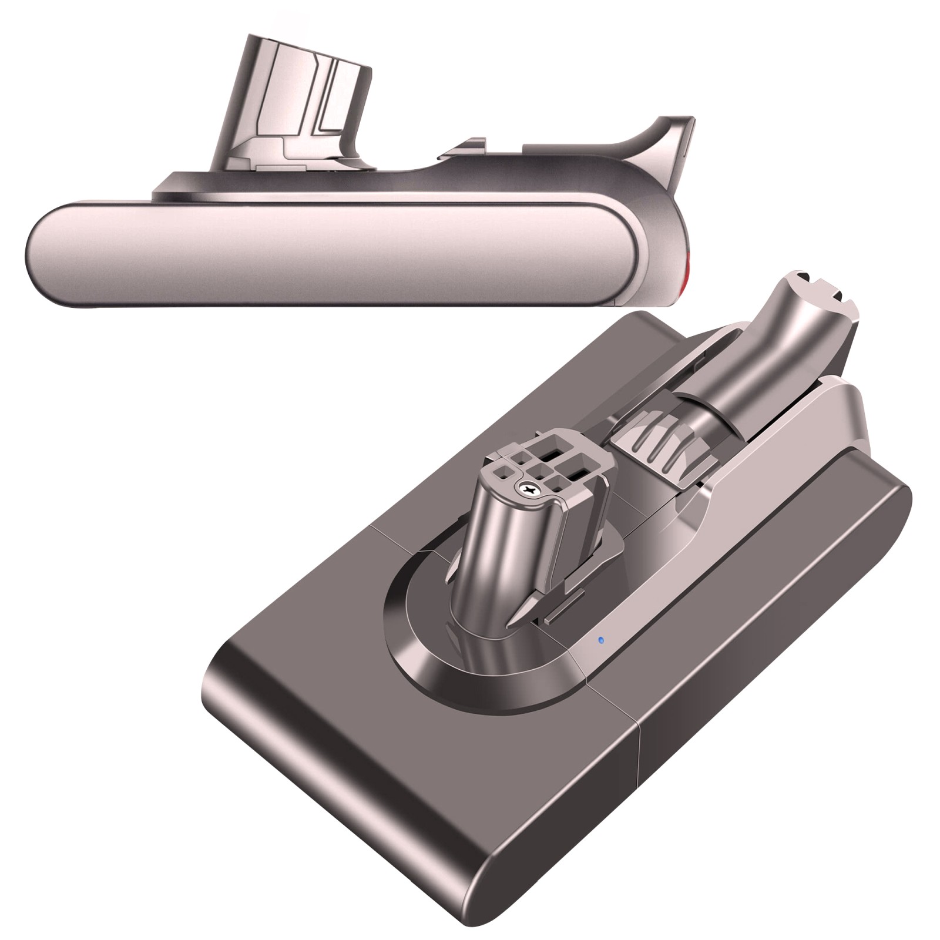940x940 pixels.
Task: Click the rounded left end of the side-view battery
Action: coord(44,253)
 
